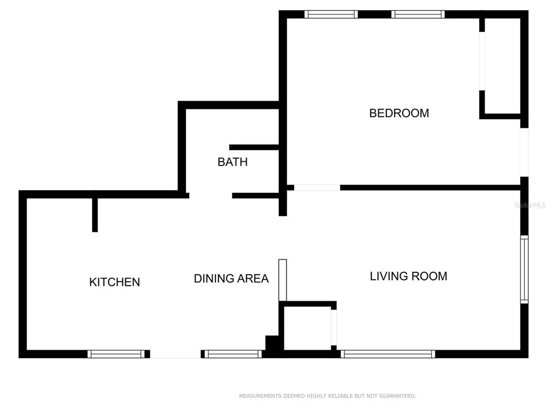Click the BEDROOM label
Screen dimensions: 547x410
(399, 113)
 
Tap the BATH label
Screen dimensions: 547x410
(233, 162)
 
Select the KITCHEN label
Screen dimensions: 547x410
(114, 282)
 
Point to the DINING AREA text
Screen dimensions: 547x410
(231, 278)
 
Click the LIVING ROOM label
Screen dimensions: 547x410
(409, 276)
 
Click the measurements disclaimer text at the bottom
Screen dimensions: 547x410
(327, 396)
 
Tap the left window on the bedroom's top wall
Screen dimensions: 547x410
(331, 14)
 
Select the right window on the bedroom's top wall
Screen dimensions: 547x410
(418, 14)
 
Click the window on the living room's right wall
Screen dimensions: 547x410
(525, 269)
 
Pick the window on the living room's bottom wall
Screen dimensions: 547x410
(388, 354)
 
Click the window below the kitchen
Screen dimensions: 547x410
(116, 354)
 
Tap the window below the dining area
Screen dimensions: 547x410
(233, 354)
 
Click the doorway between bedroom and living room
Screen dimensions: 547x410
(317, 187)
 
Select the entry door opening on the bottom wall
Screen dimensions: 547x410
(175, 354)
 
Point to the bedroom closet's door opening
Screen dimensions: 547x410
(482, 61)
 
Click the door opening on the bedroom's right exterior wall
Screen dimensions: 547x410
(525, 152)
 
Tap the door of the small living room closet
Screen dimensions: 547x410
(334, 327)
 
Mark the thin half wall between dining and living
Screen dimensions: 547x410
(283, 280)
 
